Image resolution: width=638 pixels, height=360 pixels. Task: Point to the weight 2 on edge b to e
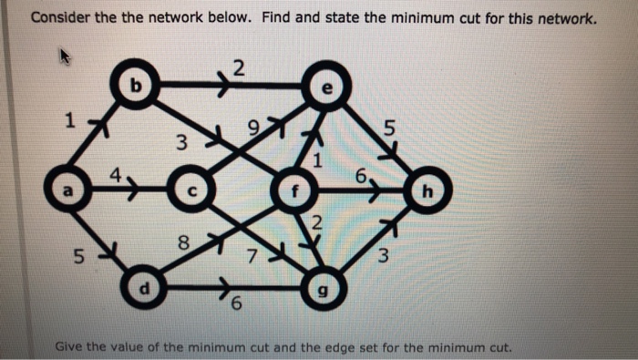click(239, 67)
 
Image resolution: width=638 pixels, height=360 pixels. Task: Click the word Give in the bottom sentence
click(72, 346)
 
